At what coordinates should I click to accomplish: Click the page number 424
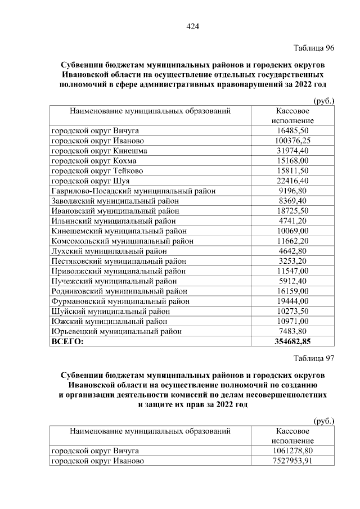click(193, 26)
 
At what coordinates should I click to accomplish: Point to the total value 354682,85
click(292, 341)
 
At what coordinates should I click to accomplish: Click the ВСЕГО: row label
click(67, 341)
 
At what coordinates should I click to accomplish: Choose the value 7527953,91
click(292, 461)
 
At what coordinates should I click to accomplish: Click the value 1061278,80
click(292, 451)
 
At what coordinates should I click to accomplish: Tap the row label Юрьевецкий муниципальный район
click(116, 331)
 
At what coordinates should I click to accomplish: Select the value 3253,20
click(292, 261)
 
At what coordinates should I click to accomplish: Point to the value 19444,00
click(292, 301)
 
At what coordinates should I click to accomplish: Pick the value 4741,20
click(292, 221)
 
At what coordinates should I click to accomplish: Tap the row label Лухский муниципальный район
click(109, 251)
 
